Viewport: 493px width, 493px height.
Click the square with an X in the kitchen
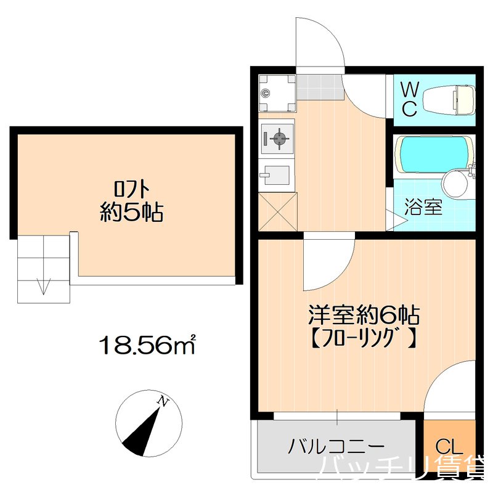tap(277, 211)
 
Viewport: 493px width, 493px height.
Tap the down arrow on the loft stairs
tap(43, 286)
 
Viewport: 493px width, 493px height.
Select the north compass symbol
tap(148, 423)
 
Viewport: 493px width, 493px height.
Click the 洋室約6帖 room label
tap(364, 315)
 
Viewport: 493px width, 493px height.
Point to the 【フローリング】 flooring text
tap(364, 338)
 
